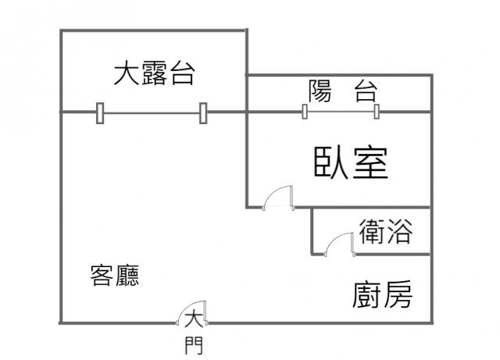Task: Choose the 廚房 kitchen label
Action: pos(382,294)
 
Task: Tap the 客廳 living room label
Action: pos(115,276)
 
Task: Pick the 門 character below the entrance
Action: pos(194,344)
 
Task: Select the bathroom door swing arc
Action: pos(340,244)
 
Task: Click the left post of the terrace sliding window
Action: pos(100,113)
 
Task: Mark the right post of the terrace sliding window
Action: pos(203,113)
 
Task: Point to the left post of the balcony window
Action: pos(304,112)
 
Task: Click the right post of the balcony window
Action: pos(377,112)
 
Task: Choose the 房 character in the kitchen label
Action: pos(397,294)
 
